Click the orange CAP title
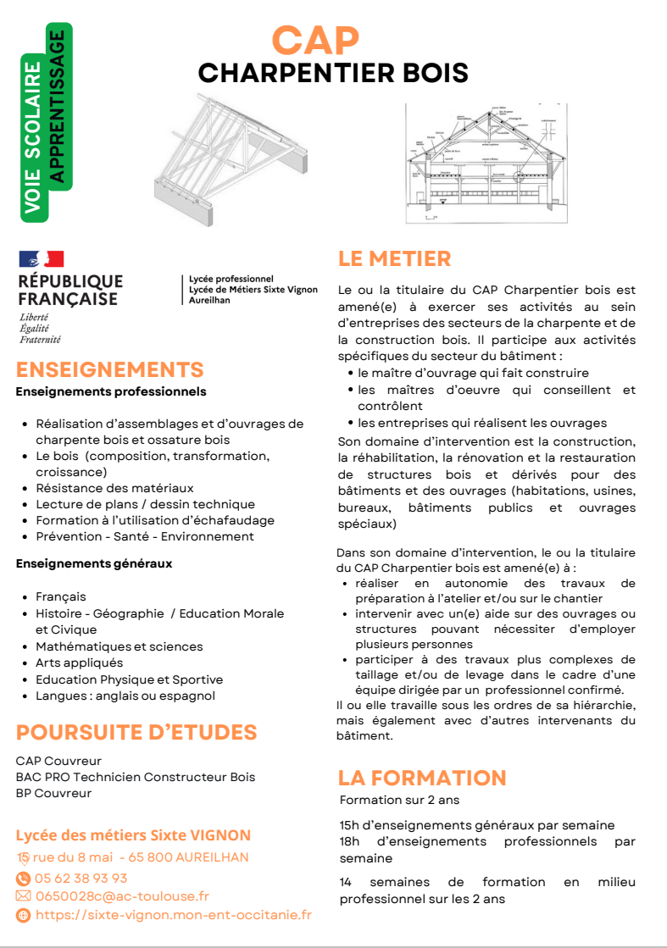coord(315,40)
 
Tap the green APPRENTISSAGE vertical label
coord(58,107)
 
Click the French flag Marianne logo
coord(42,259)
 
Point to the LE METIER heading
coord(394,258)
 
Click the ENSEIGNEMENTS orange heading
coord(110,370)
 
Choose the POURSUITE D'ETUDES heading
coord(136,732)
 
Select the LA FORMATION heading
coord(422,778)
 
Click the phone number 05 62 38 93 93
coord(81,879)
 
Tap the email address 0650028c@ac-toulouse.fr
coord(122,896)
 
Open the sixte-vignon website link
coord(174,915)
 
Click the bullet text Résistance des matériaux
coord(114,488)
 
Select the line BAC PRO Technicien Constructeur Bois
coord(136,777)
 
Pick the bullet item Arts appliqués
coord(79,662)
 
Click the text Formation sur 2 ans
coord(399,800)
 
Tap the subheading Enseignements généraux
coord(94,563)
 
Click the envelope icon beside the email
coord(23,896)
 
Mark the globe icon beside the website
coord(23,915)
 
